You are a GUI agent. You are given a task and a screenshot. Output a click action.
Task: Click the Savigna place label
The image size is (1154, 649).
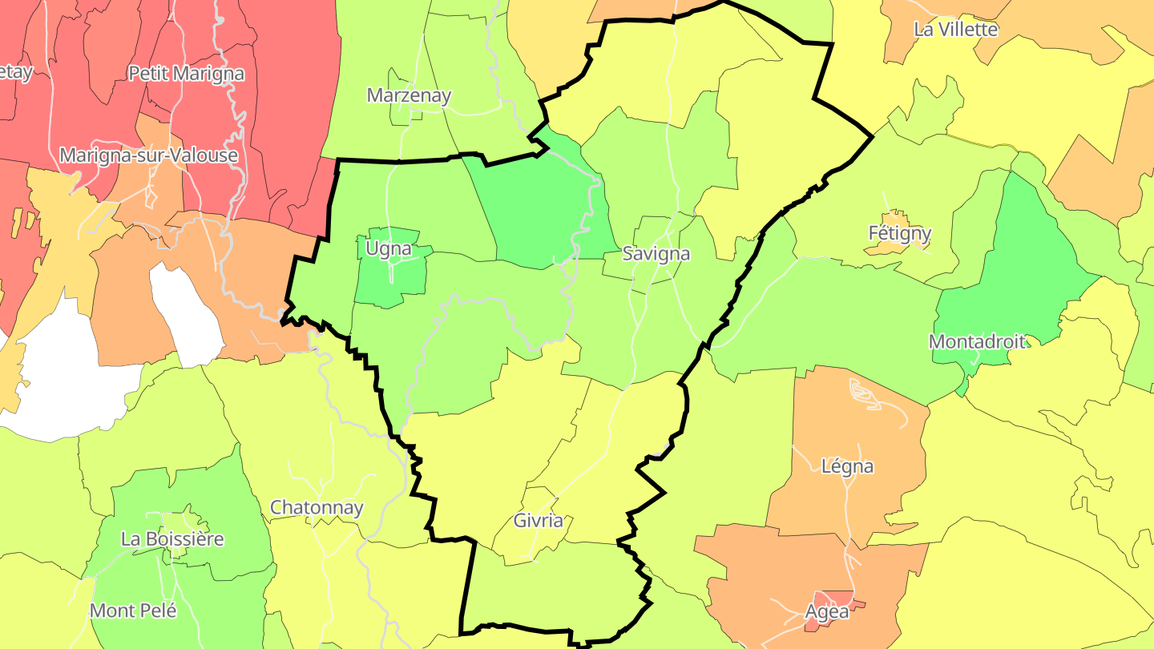click(x=656, y=254)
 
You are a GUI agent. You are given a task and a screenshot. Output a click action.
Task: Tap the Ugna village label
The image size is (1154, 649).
click(x=388, y=249)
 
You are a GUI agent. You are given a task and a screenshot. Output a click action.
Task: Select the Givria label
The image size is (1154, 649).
click(x=538, y=522)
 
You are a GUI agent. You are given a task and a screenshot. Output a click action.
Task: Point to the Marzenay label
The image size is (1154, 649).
click(x=409, y=96)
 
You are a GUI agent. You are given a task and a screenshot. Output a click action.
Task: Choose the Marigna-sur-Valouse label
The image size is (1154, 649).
click(x=149, y=155)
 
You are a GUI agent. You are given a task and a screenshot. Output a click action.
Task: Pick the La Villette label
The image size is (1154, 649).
click(x=955, y=30)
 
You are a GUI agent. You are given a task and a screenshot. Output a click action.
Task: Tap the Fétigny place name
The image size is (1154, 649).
click(x=900, y=234)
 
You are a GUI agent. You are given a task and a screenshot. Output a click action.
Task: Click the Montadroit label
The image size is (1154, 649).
click(x=977, y=342)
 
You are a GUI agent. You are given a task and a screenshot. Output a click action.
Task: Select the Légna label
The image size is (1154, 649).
click(x=847, y=466)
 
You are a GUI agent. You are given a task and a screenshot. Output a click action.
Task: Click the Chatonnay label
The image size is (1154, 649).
click(x=317, y=508)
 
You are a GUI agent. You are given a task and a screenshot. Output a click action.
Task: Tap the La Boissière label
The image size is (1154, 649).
click(x=172, y=539)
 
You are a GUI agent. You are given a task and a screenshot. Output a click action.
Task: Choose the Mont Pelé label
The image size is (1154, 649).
click(x=133, y=611)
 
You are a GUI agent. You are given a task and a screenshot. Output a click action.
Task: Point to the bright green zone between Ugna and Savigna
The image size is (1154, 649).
click(x=541, y=212)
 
